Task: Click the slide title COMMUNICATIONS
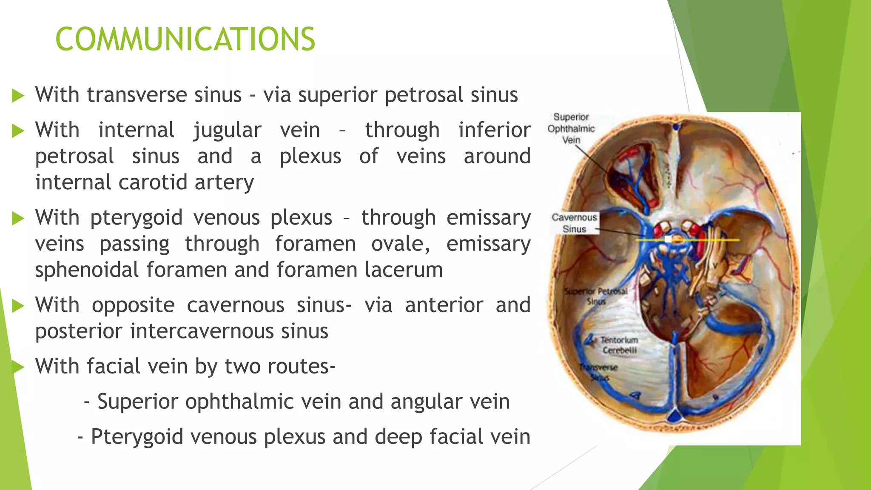point(185,39)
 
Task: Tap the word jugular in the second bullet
point(227,130)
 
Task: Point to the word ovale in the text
point(400,244)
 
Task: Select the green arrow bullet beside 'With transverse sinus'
point(18,95)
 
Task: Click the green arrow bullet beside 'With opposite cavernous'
point(18,305)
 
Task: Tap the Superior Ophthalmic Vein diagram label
point(571,128)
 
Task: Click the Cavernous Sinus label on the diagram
point(574,223)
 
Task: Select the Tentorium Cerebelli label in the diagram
point(619,345)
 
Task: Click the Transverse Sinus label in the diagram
point(599,372)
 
